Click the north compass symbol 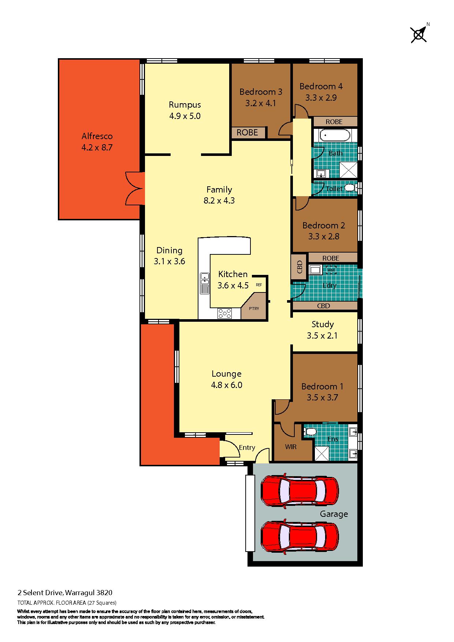pyautogui.click(x=418, y=35)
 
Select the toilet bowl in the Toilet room pyautogui.click(x=350, y=188)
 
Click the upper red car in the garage pyautogui.click(x=299, y=490)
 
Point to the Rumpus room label pyautogui.click(x=185, y=105)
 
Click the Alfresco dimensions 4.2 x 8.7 pyautogui.click(x=97, y=148)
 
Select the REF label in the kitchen pyautogui.click(x=259, y=284)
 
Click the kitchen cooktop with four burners pyautogui.click(x=224, y=313)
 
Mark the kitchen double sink pyautogui.click(x=204, y=283)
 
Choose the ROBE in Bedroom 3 pyautogui.click(x=248, y=132)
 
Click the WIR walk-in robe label pyautogui.click(x=291, y=447)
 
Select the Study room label pyautogui.click(x=323, y=324)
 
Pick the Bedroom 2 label pyautogui.click(x=324, y=225)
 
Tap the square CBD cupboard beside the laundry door pyautogui.click(x=299, y=267)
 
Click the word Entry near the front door pyautogui.click(x=247, y=448)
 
